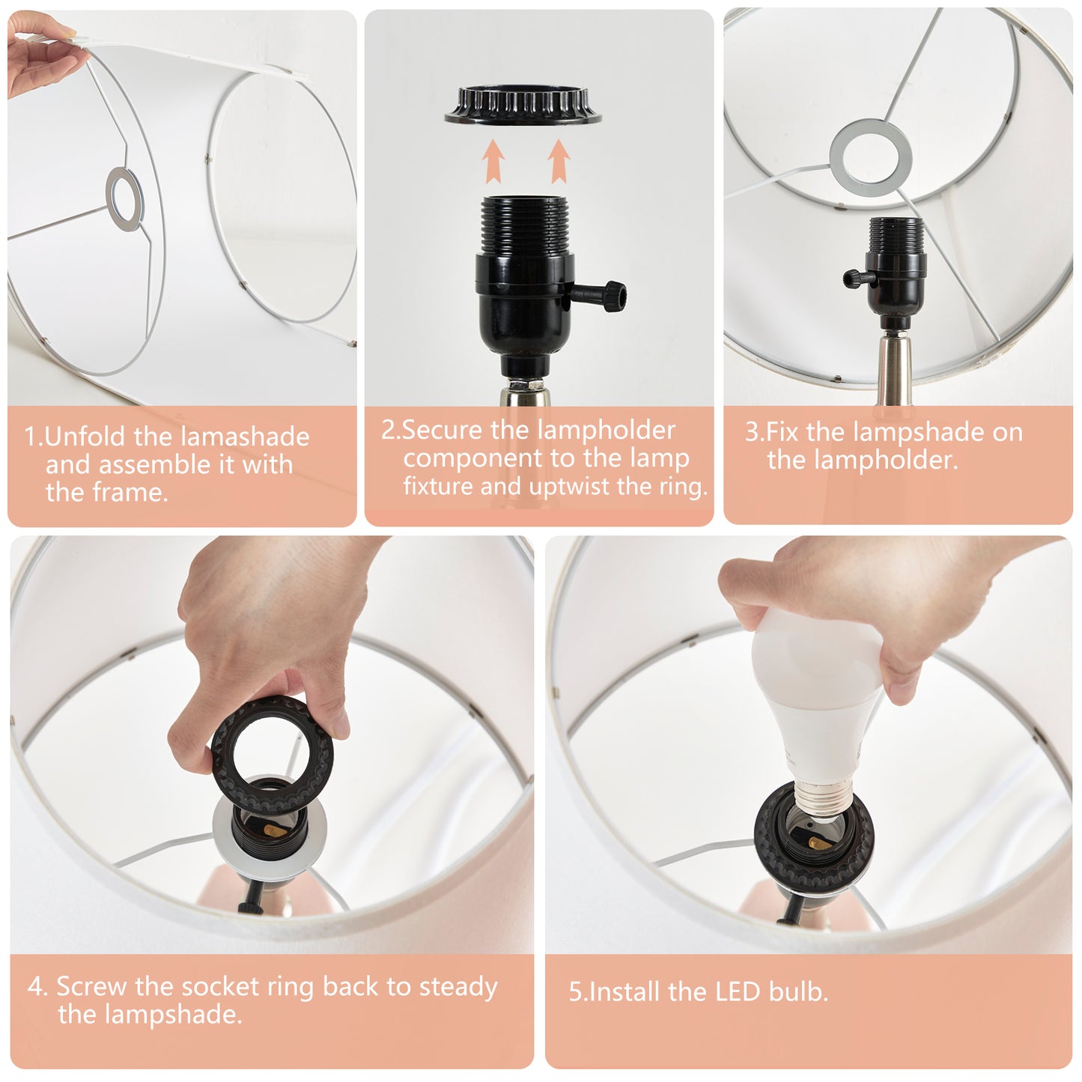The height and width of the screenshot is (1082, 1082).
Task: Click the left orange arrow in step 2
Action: (x=494, y=160)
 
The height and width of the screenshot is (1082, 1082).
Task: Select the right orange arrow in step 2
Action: (x=559, y=161)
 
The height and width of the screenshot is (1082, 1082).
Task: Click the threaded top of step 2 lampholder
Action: (x=524, y=226)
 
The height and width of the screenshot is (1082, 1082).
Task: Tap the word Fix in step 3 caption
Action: (x=782, y=432)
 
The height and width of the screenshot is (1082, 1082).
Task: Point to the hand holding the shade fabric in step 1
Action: (x=39, y=53)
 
